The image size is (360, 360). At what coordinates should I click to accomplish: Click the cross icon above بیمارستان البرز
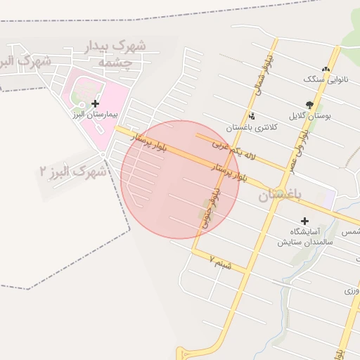[x=96, y=103]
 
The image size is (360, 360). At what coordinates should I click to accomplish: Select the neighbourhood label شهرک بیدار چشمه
[x=115, y=53]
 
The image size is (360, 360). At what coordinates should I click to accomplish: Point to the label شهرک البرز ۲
[x=73, y=171]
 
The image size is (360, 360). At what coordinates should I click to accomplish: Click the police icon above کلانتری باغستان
[x=251, y=116]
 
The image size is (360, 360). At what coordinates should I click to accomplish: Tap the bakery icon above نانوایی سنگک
[x=325, y=69]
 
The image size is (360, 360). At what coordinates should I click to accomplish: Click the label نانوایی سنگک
[x=325, y=79]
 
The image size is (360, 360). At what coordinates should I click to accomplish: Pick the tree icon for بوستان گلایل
[x=309, y=105]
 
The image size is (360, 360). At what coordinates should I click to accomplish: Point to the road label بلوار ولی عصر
[x=302, y=137]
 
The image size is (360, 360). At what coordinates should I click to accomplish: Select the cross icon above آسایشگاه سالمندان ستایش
[x=304, y=221]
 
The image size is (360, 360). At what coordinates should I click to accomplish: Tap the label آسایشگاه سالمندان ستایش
[x=307, y=236]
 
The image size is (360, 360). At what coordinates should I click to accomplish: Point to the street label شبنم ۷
[x=220, y=263]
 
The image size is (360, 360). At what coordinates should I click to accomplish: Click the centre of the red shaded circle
[x=181, y=179]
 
